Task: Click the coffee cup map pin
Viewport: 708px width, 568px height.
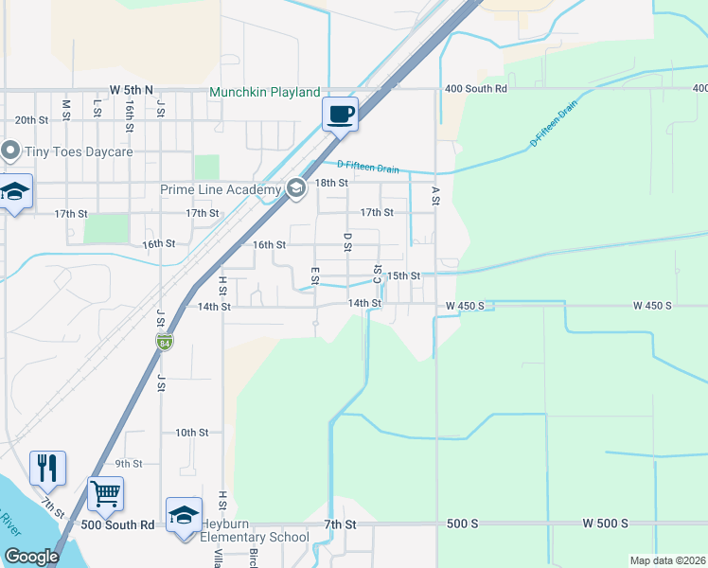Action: click(340, 115)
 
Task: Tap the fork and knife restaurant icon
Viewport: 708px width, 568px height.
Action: click(47, 468)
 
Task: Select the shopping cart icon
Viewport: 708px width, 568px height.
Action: click(105, 493)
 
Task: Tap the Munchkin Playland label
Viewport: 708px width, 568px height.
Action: click(264, 93)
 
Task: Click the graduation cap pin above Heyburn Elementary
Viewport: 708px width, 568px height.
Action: click(184, 514)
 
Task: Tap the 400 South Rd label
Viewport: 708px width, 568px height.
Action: click(475, 88)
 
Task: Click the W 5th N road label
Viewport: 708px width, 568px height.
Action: click(131, 89)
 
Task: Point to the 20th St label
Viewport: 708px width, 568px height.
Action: click(31, 120)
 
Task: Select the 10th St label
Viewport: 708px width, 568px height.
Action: click(191, 433)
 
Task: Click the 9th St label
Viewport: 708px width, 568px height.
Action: click(129, 464)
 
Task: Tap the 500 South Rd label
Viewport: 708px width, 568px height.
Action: click(117, 524)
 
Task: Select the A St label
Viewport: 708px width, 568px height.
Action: click(435, 196)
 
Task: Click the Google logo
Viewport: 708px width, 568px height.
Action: click(31, 557)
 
